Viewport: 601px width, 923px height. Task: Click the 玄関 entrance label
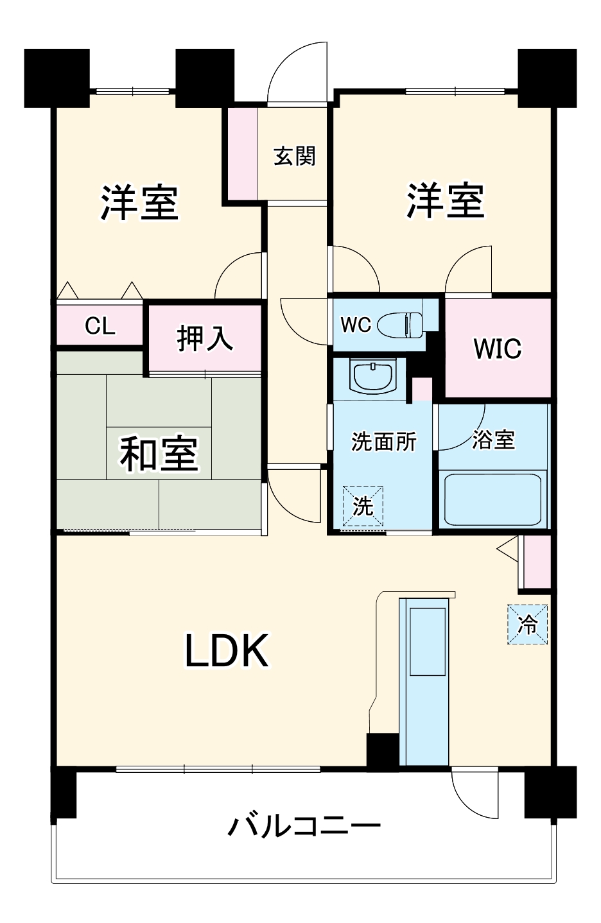pyautogui.click(x=295, y=156)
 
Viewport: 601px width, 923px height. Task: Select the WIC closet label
pyautogui.click(x=497, y=349)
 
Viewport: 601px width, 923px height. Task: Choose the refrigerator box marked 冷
pyautogui.click(x=528, y=624)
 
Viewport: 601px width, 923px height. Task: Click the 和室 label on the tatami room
pyautogui.click(x=159, y=453)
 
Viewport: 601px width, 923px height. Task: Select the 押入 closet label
pyautogui.click(x=205, y=338)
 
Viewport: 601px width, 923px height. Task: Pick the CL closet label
pyautogui.click(x=100, y=326)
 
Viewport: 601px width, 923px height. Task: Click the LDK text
pyautogui.click(x=227, y=651)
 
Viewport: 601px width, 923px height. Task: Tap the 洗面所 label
pyautogui.click(x=383, y=442)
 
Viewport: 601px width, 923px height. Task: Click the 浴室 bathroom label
pyautogui.click(x=493, y=440)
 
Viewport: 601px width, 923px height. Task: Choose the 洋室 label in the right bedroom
pyautogui.click(x=445, y=200)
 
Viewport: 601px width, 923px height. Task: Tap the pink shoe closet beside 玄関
pyautogui.click(x=240, y=154)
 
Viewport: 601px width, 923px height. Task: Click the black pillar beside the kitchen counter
pyautogui.click(x=382, y=749)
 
